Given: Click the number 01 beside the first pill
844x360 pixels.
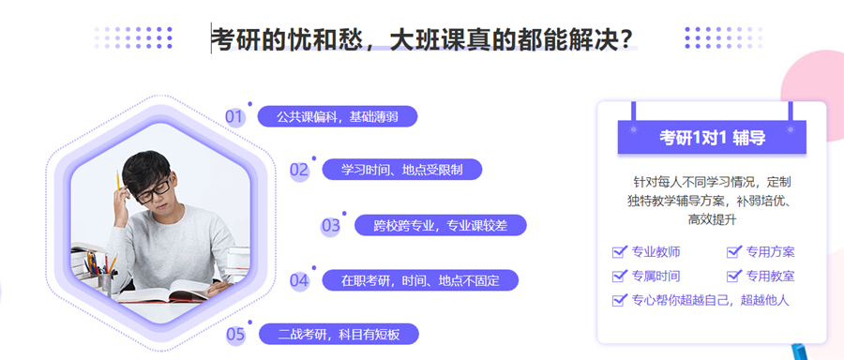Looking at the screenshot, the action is pos(234,117).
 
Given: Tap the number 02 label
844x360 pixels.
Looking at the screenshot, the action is pos(299,170).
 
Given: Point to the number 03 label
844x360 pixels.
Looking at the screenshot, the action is pos(331,225).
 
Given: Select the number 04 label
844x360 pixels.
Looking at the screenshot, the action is pos(299,280).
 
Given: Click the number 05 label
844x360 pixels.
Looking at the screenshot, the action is pos(235,334).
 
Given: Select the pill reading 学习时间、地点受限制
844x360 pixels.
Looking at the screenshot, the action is pos(402,170).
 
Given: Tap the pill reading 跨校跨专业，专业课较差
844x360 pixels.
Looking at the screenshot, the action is pos(440,225).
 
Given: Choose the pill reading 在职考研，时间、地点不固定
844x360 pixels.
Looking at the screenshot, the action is pos(419,280).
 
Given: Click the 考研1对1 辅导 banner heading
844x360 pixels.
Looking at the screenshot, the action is pos(712,137).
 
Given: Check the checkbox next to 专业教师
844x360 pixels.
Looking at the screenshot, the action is pos(619,251).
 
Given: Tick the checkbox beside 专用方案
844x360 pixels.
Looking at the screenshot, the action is pos(734,251).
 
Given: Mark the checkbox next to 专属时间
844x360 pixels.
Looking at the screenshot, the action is pos(619,276).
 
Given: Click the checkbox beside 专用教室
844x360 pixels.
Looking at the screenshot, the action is pos(734,276).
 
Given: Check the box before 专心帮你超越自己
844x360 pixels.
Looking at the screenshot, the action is pos(619,300).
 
